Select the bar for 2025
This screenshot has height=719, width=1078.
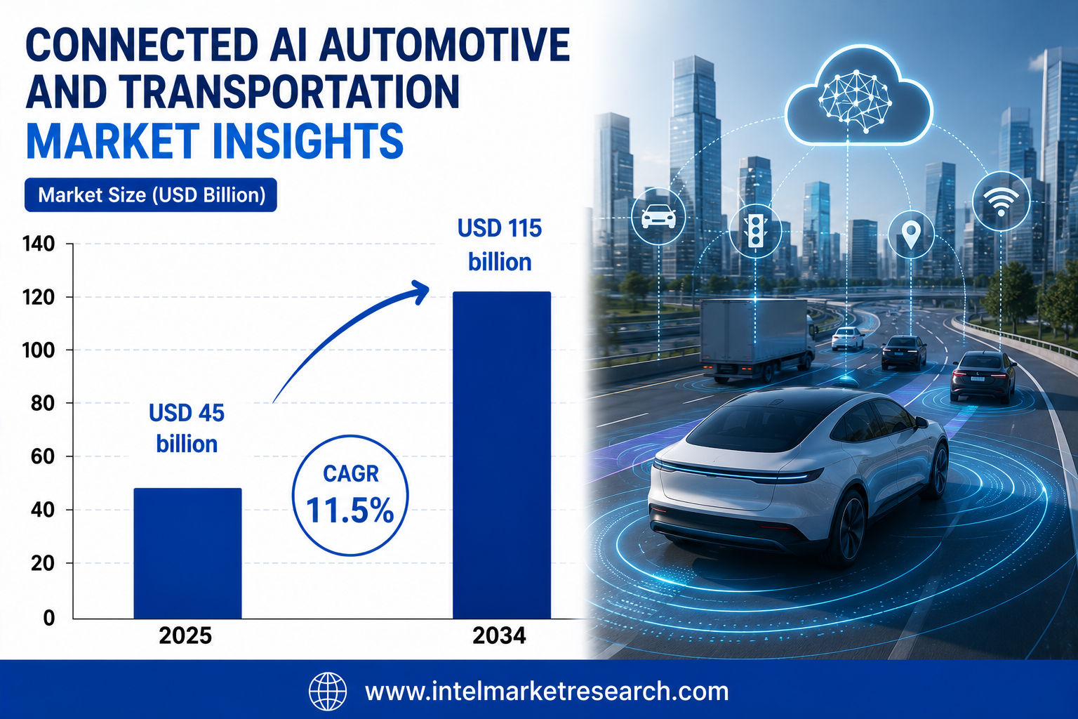(x=187, y=553)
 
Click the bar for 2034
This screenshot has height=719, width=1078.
(x=502, y=454)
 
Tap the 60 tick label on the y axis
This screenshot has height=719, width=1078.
(x=42, y=456)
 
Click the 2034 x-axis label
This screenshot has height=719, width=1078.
(x=499, y=635)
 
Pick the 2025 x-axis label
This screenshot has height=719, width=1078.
(x=185, y=635)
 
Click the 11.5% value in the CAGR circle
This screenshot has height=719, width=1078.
(x=350, y=510)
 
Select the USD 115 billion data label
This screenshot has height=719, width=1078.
(x=500, y=245)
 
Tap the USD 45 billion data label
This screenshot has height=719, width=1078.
(x=187, y=428)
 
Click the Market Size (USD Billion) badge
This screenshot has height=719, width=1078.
(x=151, y=195)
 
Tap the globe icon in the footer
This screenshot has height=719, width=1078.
(x=328, y=691)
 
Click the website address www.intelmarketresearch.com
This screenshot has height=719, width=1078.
(x=547, y=692)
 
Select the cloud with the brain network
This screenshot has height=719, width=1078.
(x=858, y=96)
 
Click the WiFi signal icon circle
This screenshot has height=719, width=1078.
(x=1001, y=201)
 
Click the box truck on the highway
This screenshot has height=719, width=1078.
(x=757, y=339)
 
